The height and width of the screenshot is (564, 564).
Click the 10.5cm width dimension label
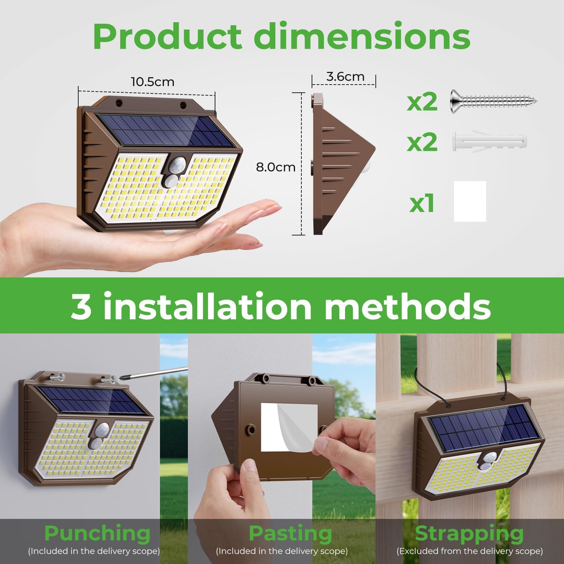pos(153,82)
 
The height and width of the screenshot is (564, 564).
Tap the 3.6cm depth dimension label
pos(345,77)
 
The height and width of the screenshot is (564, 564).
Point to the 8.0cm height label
pos(276,167)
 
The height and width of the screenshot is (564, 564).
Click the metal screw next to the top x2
pos(494,102)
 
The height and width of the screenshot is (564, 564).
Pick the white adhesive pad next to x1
pos(470,201)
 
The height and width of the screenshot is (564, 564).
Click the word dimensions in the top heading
pos(362,36)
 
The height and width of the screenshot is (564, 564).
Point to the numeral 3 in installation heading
pos(81,306)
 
